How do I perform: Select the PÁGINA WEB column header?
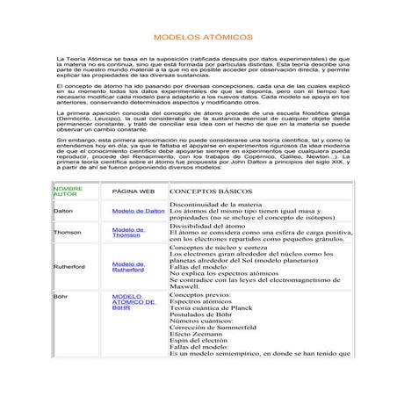tap(134, 191)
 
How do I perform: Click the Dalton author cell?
tap(63, 212)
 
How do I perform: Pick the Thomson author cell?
tap(68, 232)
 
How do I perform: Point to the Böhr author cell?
tap(61, 298)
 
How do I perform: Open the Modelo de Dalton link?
tap(139, 212)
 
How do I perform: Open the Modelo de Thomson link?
tap(128, 232)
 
